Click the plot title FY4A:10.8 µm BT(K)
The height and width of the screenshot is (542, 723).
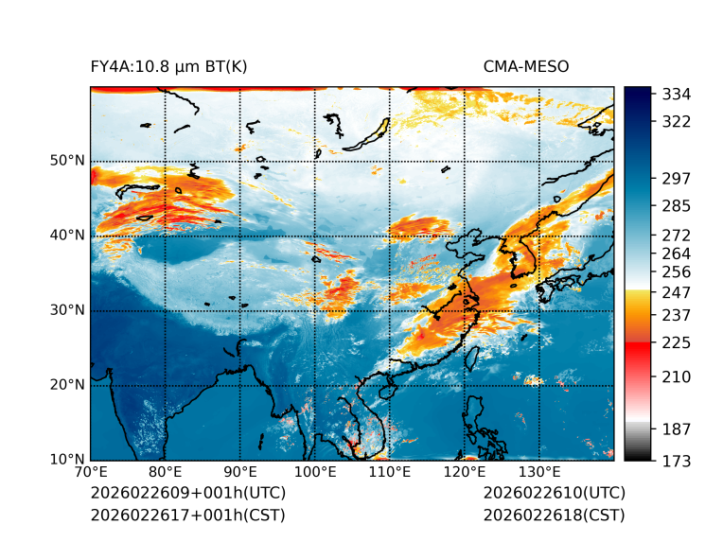[x=168, y=66]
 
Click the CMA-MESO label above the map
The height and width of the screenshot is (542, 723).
[x=526, y=66]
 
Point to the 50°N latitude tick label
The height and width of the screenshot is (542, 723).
[x=67, y=160]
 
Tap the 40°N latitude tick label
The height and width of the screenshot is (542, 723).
[x=67, y=236]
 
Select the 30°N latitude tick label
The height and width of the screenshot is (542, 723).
[x=67, y=310]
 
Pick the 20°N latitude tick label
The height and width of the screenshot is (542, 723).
[x=67, y=385]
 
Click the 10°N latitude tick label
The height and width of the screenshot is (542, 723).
[x=67, y=461]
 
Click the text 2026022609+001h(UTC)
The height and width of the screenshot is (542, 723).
[x=187, y=494]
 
